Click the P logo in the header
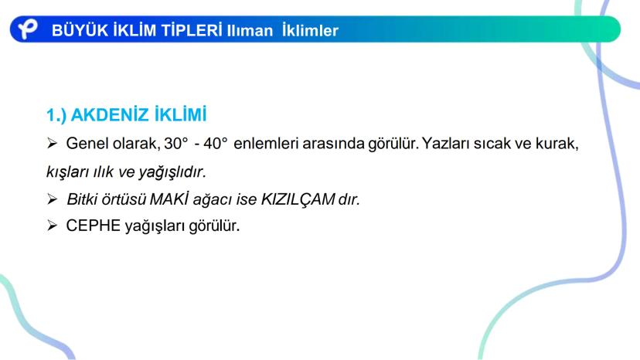click(28, 29)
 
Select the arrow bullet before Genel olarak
click(53, 144)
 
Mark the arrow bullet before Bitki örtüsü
click(53, 199)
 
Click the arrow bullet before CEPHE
click(53, 227)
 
